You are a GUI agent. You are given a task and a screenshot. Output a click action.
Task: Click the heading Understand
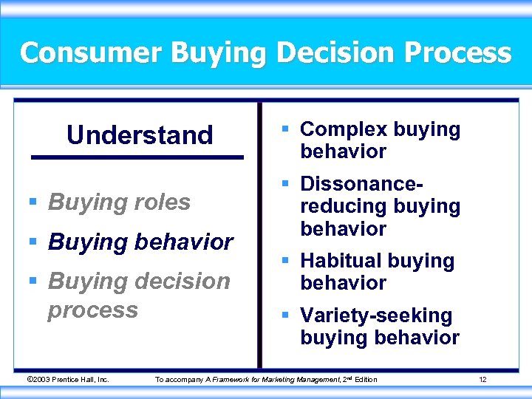coord(140,135)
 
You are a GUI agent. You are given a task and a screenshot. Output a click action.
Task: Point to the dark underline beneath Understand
coord(137,157)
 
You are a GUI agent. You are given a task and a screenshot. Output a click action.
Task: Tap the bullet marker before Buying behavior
coord(34,242)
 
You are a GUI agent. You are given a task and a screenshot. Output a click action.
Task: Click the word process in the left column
coord(92,309)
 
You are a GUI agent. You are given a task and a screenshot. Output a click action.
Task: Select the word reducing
coord(344,207)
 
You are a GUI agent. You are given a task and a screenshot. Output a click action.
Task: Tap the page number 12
coord(482,380)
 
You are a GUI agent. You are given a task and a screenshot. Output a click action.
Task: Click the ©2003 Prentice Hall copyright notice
coord(67,380)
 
